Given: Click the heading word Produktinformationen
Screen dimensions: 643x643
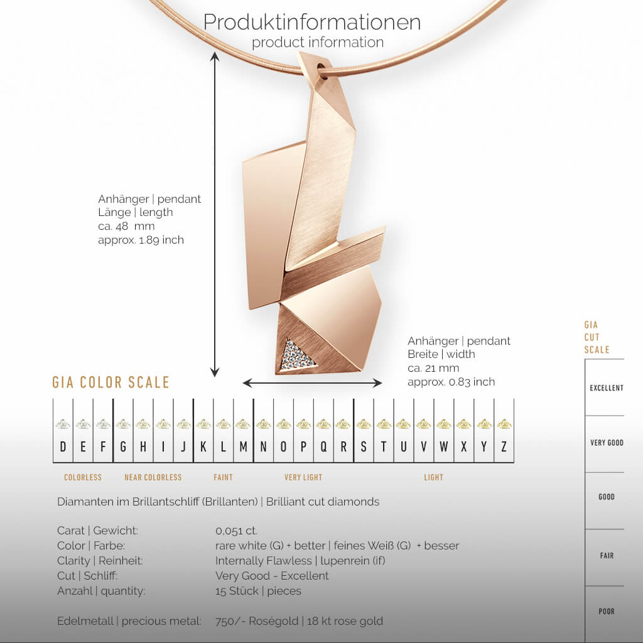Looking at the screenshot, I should pos(311,22).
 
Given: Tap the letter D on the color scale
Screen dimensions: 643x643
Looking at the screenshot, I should pos(63,447).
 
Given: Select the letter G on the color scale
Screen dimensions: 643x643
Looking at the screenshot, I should pos(123,447).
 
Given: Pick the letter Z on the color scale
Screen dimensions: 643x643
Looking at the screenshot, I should pos(504,447).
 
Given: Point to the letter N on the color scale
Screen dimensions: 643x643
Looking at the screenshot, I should pos(263,447).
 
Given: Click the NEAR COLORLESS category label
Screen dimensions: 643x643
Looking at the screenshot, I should pos(153,477).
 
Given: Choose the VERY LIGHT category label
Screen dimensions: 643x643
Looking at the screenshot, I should pos(303,477).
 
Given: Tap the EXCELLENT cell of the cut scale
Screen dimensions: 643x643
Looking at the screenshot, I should pos(606,388).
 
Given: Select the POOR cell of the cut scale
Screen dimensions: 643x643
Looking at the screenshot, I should pos(606,611).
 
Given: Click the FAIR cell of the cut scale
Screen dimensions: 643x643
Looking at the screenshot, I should pos(606,556).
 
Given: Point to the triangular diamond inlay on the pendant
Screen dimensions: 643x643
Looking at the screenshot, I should pos(296,357).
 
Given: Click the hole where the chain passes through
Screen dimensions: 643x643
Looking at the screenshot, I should pos(321,67).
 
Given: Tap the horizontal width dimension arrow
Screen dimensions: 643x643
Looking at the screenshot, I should pos(312,383).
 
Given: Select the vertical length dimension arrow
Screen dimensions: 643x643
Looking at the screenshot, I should pos(215,214).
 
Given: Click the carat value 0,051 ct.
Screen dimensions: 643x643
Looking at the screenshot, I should pos(237,531).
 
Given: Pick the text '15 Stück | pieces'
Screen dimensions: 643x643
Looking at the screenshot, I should pos(258,591).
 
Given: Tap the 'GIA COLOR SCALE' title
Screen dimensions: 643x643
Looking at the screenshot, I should pos(111,382).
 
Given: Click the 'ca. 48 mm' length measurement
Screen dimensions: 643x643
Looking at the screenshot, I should pos(126,226).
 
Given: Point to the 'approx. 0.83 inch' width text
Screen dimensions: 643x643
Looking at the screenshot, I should pos(451,382).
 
